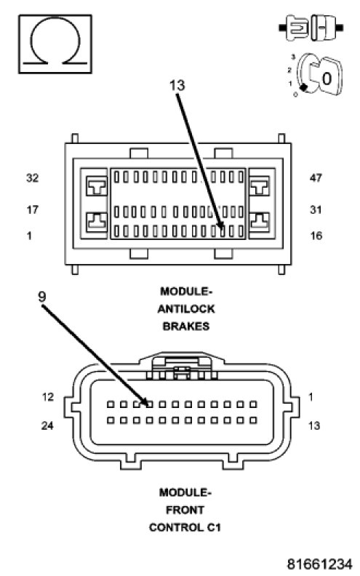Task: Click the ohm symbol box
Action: tap(55, 44)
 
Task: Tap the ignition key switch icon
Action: tap(316, 76)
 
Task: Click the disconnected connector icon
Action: tap(311, 28)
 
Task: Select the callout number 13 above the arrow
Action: tap(177, 85)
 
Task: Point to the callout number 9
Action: tap(42, 297)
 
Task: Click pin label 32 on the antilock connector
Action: tap(32, 178)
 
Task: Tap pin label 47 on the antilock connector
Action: tap(316, 178)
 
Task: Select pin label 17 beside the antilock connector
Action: tap(32, 209)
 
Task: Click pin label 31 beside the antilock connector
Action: tap(316, 209)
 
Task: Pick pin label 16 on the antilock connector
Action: tap(316, 236)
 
